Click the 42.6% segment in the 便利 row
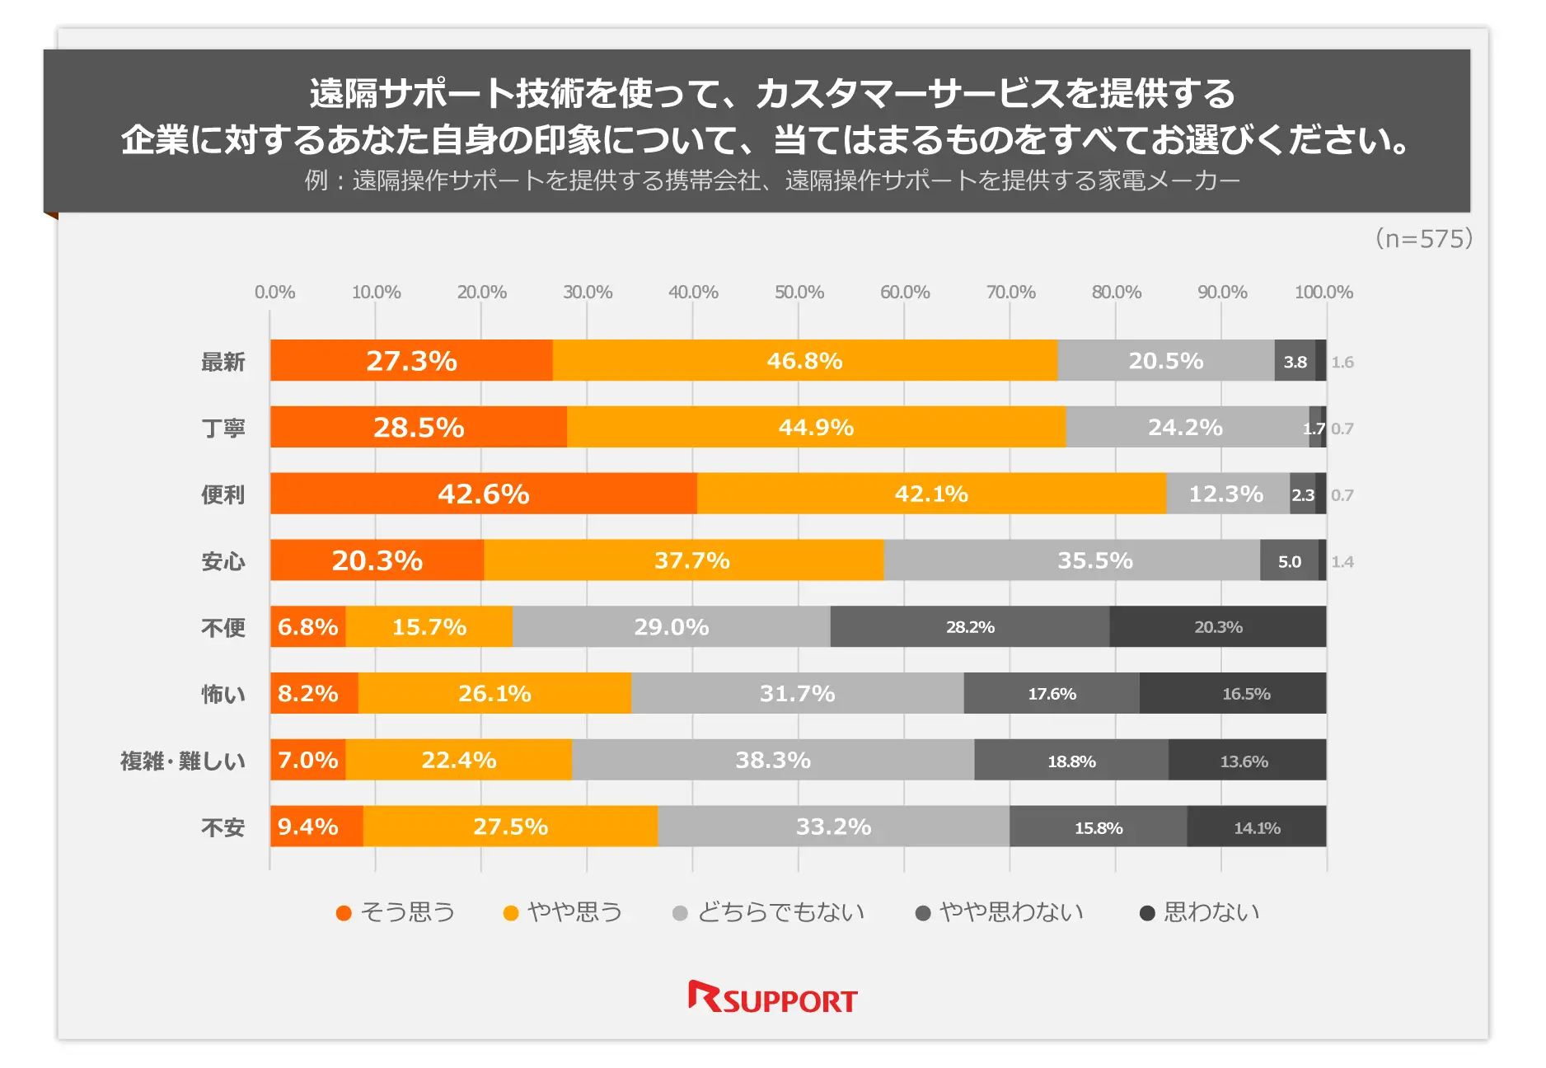tap(483, 494)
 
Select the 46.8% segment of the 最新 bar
tap(804, 360)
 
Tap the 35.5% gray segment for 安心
tap(1094, 560)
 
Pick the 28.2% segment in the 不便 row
tap(970, 627)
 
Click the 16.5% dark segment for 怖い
tap(1245, 694)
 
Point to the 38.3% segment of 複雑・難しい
tap(772, 760)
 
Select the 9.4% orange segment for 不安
tap(308, 827)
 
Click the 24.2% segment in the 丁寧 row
tap(1185, 427)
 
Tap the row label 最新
tap(223, 362)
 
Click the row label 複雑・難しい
tap(183, 761)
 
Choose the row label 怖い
tap(223, 695)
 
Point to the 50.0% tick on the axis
tap(799, 292)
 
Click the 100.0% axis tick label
tap(1323, 292)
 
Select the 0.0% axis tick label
tap(274, 292)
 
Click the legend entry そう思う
tap(396, 912)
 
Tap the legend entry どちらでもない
tap(769, 912)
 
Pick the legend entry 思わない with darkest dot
tap(1200, 912)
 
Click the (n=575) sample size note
tap(1423, 239)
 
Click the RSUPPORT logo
tap(773, 998)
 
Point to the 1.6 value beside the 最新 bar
tap(1342, 362)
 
